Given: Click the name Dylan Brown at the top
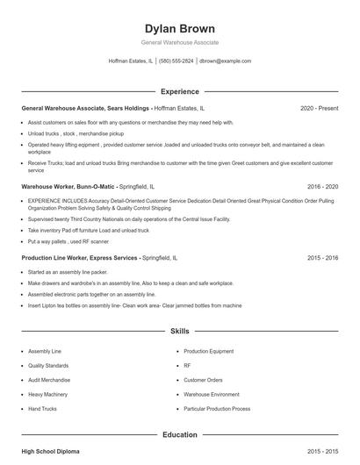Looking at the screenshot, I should point(179,28).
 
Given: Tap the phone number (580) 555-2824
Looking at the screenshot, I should point(176,61).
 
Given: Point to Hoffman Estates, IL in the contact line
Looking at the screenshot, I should point(130,61).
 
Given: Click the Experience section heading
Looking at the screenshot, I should point(179,91).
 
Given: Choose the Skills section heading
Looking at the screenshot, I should point(179,332).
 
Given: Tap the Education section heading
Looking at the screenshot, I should point(179,434).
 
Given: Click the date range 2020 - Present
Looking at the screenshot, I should point(319,109).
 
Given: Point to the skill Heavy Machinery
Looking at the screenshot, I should point(49,395).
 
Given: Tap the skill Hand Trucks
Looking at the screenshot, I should point(44,409).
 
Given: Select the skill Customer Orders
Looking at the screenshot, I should point(204,380).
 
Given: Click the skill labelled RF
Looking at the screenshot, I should point(187,365).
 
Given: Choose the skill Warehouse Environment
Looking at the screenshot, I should point(212,395).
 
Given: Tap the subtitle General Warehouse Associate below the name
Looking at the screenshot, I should point(179,42).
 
